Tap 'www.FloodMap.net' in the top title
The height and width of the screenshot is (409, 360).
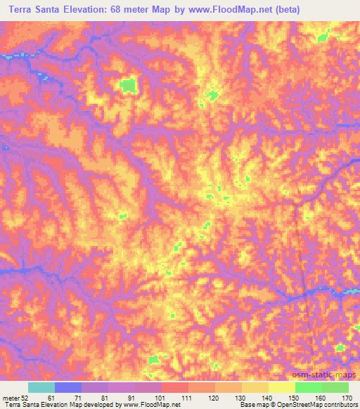239,9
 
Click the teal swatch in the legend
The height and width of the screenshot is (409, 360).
41,387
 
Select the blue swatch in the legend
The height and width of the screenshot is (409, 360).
68,387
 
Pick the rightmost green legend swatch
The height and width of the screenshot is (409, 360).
335,387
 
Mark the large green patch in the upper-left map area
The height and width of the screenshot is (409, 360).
127,86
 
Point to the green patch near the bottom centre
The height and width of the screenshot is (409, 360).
153,359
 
